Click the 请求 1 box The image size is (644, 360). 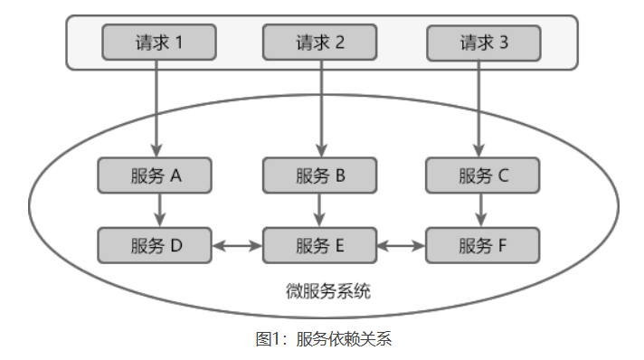click(159, 42)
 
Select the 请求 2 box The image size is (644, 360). click(320, 42)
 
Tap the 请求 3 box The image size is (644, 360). click(483, 42)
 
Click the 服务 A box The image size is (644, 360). click(156, 175)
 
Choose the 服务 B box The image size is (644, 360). click(320, 175)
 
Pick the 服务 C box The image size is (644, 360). click(483, 175)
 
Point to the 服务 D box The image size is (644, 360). click(156, 244)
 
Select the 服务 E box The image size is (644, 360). click(320, 244)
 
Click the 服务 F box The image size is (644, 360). click(483, 244)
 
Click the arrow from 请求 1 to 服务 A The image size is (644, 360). click(157, 109)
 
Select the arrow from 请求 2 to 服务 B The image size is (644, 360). click(320, 109)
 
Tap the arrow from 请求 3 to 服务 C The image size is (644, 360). click(481, 109)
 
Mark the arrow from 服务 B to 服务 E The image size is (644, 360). click(320, 210)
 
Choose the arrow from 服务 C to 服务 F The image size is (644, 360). click(481, 210)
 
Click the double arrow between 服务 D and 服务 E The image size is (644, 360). click(238, 244)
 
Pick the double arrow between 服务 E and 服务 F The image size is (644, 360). click(402, 244)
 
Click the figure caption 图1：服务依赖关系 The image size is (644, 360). click(323, 339)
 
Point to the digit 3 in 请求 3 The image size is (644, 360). click(503, 42)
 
